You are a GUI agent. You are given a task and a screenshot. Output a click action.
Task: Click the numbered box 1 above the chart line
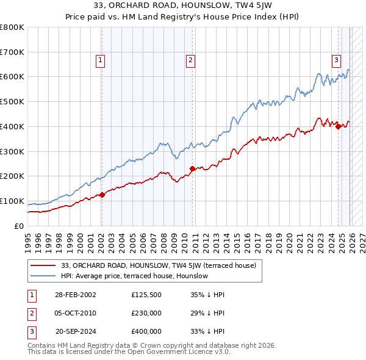(99, 60)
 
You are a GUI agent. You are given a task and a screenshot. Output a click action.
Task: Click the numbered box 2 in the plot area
(191, 60)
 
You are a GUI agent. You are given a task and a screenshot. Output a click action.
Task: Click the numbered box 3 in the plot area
(336, 60)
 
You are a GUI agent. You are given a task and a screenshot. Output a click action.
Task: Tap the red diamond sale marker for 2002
(102, 195)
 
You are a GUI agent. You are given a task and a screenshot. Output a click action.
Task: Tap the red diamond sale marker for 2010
(192, 168)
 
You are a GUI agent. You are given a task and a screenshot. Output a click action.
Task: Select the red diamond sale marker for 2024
(338, 126)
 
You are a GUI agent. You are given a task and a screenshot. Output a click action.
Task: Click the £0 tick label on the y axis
(20, 226)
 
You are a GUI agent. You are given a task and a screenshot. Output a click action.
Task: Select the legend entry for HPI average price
(134, 276)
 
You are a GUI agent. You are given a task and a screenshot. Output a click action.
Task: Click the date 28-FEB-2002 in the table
(75, 295)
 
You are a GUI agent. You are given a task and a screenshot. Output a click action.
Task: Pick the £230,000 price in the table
(146, 313)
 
